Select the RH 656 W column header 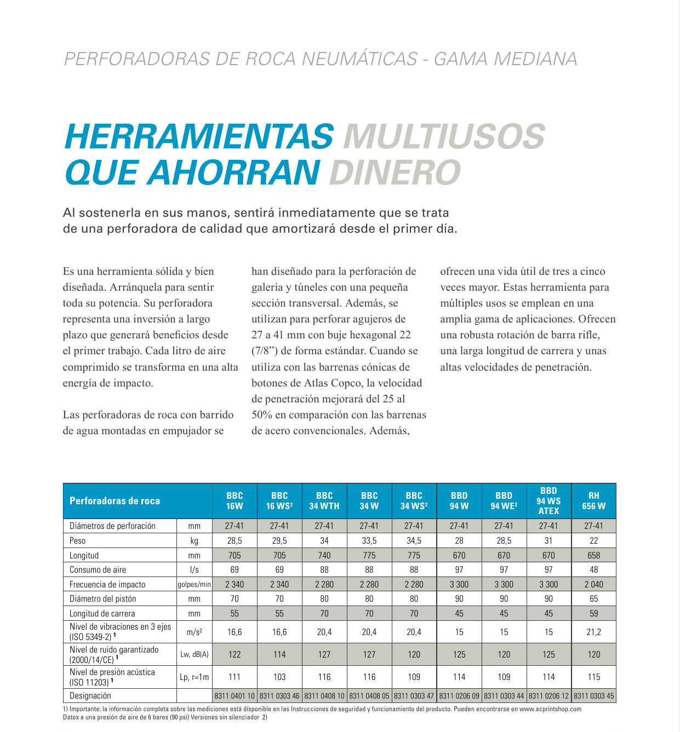click(x=593, y=501)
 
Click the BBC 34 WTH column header click(x=324, y=501)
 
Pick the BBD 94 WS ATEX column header click(x=548, y=501)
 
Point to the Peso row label click(x=78, y=540)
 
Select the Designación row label click(x=90, y=695)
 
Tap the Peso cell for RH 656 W click(x=593, y=540)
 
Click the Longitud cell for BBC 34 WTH click(x=324, y=555)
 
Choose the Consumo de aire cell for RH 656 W click(x=593, y=569)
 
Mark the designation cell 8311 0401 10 click(x=235, y=696)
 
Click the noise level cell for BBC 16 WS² click(x=279, y=654)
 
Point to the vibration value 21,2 click(x=593, y=632)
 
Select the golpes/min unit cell click(x=195, y=585)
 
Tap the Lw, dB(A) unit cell click(x=195, y=654)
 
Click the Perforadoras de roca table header click(x=115, y=501)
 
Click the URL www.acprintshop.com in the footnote click(x=550, y=709)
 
